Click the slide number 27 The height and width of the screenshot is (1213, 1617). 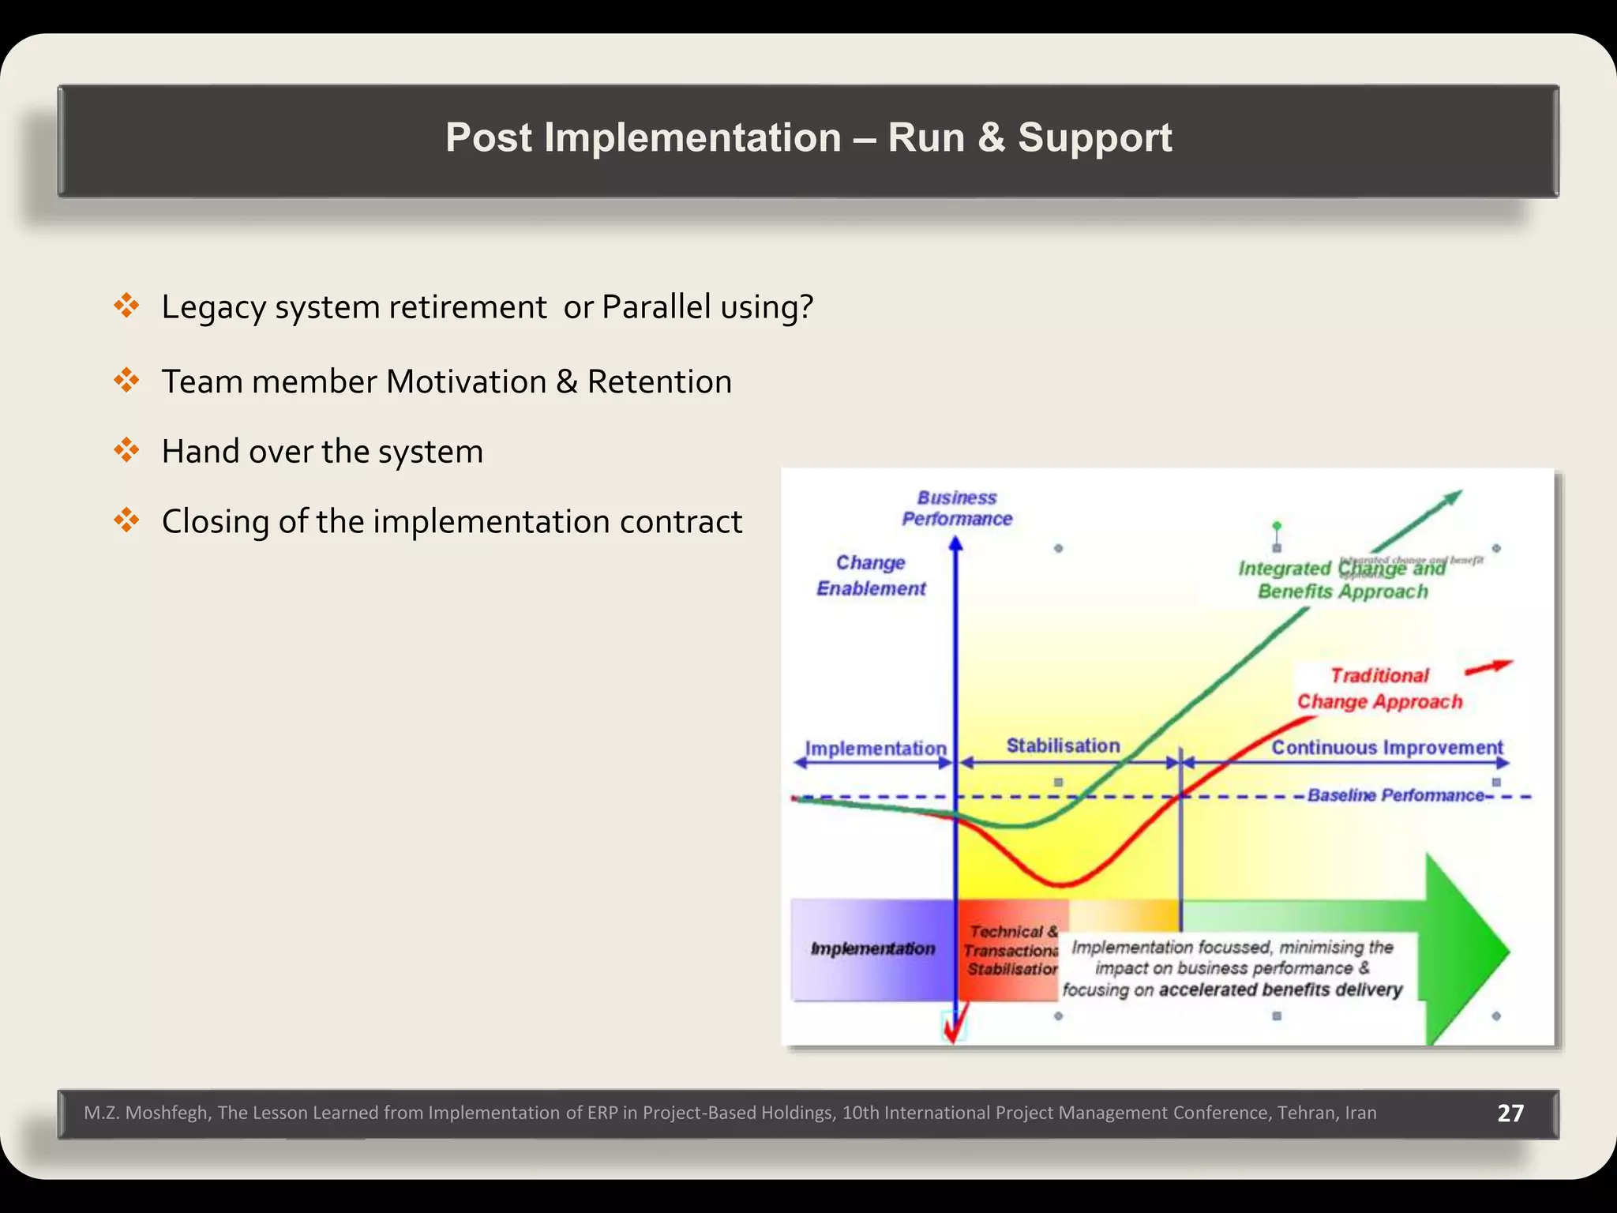(1510, 1113)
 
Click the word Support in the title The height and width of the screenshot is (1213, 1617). (1094, 137)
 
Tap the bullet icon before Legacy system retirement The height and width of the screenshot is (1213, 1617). (126, 306)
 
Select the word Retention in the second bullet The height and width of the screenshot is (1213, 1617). (659, 382)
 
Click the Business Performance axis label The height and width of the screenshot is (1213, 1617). (957, 508)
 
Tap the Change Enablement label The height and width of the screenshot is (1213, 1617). (871, 576)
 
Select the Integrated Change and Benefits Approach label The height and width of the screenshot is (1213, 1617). (1341, 580)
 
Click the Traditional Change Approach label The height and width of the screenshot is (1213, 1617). (1379, 689)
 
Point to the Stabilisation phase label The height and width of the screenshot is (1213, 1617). (1063, 745)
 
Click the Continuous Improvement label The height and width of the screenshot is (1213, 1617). (1386, 747)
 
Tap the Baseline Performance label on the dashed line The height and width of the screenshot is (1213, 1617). (1395, 795)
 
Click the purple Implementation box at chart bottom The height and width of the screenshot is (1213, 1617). (872, 948)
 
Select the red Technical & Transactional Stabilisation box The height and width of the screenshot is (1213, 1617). (1010, 950)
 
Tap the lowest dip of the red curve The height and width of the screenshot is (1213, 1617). (1062, 883)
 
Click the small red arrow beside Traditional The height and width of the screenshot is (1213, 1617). (1488, 668)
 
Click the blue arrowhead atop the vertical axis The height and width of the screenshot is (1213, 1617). (955, 543)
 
